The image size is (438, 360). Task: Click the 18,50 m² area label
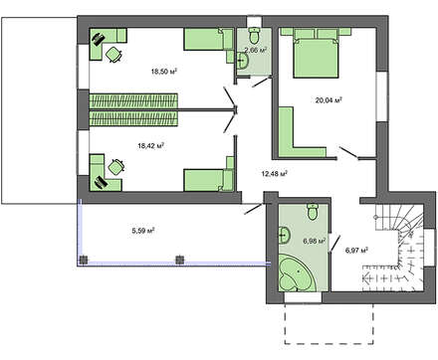coord(164,72)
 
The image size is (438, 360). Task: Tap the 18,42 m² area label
coord(151,145)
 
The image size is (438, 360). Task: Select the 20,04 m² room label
coord(328,99)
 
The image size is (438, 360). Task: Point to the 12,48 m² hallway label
coord(275,174)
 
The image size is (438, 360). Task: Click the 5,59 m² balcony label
coord(143,231)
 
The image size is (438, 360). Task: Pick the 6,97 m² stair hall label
coord(356,251)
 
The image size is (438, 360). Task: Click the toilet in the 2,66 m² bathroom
coord(255,36)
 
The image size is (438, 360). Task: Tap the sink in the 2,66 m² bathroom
coord(243,61)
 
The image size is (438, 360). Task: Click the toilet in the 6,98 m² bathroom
coord(313,212)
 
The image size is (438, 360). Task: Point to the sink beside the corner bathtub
coord(285,236)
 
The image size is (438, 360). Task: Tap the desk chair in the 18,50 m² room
coord(113,55)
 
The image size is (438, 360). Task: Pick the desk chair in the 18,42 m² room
coord(116,167)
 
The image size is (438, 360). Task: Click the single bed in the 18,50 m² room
coord(209,40)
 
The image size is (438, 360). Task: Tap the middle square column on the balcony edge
coord(179,260)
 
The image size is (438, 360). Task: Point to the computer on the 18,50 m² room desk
coord(98,39)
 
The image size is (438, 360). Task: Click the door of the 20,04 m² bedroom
coord(347,153)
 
